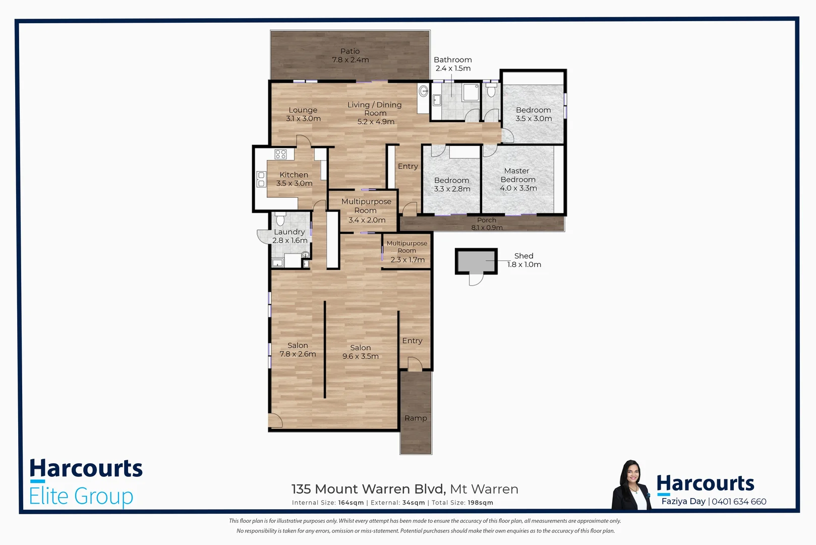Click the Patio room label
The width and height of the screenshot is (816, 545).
tap(350, 56)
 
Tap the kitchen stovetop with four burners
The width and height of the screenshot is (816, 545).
tap(281, 154)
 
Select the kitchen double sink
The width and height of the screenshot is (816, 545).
tap(261, 179)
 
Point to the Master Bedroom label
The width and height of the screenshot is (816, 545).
tap(518, 179)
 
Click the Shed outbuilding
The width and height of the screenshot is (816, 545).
tap(476, 261)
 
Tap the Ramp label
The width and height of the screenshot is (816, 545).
tap(416, 418)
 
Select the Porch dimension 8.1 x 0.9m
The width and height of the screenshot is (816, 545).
tap(487, 228)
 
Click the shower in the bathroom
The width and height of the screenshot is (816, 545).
tap(471, 93)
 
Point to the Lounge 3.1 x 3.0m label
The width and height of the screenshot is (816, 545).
tap(303, 114)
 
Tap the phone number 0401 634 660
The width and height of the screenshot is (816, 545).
tap(739, 501)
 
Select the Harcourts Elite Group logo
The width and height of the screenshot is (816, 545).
tap(86, 482)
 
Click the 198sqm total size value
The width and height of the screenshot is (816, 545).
tap(480, 503)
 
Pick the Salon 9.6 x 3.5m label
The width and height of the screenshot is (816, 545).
tap(360, 352)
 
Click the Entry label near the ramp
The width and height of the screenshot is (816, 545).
tap(412, 341)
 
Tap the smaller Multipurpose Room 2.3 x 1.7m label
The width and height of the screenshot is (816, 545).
tap(407, 251)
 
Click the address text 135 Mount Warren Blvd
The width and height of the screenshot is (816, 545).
tap(368, 489)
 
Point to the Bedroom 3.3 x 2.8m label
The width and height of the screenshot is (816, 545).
tap(452, 184)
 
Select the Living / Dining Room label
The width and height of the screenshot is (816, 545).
tap(375, 113)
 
